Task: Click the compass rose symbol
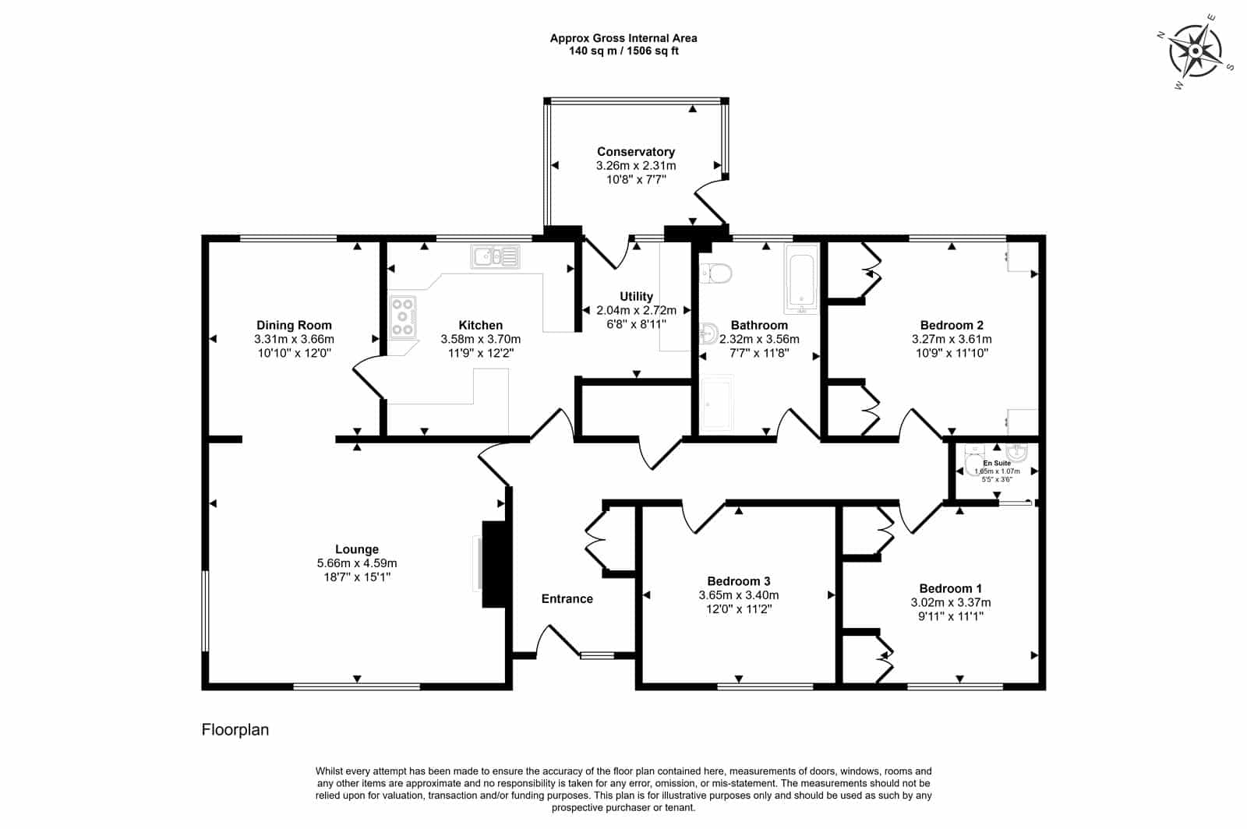tap(1196, 51)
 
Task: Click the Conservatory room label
tap(636, 151)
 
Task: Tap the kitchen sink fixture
tap(495, 256)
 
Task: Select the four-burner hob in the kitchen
tap(402, 316)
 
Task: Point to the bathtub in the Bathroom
tap(802, 278)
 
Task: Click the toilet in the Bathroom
tap(715, 273)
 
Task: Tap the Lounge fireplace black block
tap(494, 563)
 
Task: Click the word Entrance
tap(567, 598)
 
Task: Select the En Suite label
tap(997, 463)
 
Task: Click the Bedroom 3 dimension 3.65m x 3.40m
tap(739, 594)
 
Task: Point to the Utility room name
tap(636, 296)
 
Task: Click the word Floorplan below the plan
tap(235, 729)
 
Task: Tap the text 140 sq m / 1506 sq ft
tap(623, 51)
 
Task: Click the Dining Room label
tap(294, 325)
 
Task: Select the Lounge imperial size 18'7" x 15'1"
tap(357, 577)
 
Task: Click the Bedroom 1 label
tap(950, 588)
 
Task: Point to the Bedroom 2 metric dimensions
tap(952, 339)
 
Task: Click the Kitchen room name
tap(480, 325)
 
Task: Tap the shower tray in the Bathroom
tap(717, 404)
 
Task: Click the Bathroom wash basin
tap(708, 333)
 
